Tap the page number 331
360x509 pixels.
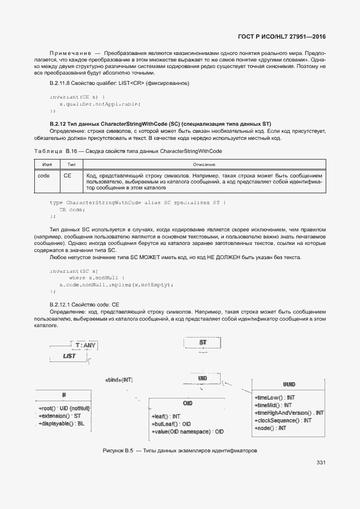(320, 463)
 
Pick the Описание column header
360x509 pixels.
(204, 164)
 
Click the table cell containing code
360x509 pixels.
(44, 176)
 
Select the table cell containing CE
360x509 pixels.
(68, 176)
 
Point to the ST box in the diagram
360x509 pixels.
(203, 343)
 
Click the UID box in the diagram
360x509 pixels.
(203, 378)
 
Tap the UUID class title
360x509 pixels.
(289, 384)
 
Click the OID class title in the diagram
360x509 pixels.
(188, 403)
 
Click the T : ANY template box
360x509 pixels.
(86, 345)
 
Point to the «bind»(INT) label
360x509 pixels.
(119, 379)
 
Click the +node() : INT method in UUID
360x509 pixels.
(270, 428)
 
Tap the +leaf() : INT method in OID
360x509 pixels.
(166, 416)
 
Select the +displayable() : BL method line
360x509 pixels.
(62, 423)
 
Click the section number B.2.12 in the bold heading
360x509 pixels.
(58, 124)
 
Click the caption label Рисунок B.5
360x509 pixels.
(118, 451)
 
